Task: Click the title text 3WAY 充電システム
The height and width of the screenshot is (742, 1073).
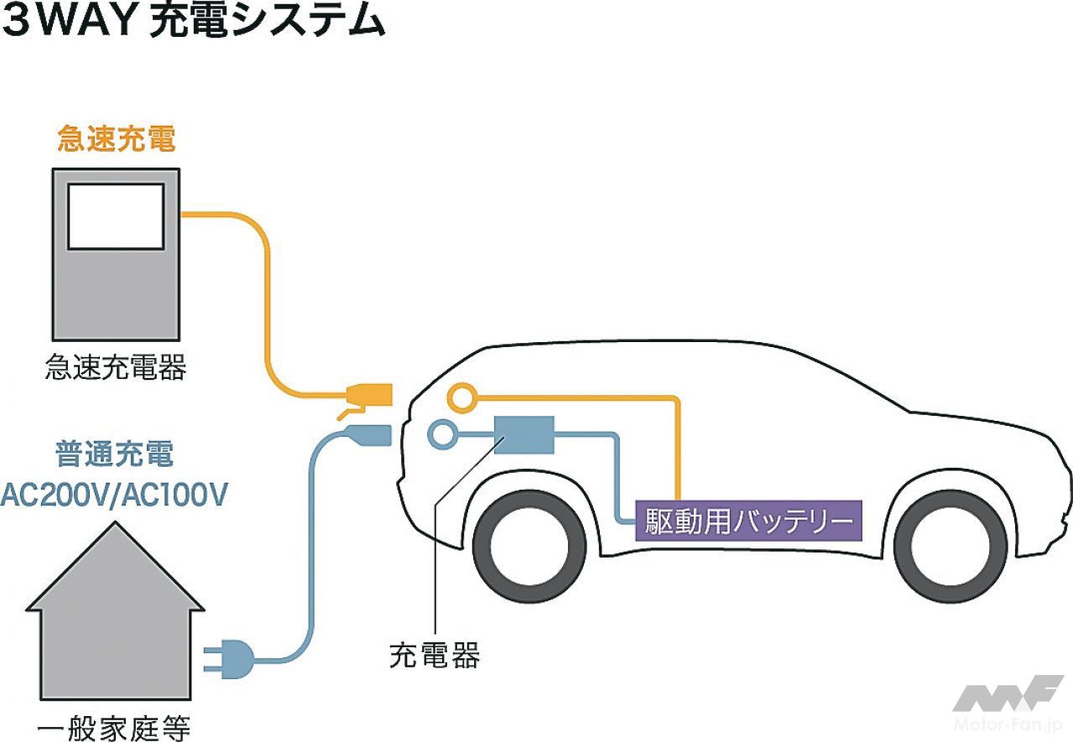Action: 194,23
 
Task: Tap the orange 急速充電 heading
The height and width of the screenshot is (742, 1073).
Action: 116,138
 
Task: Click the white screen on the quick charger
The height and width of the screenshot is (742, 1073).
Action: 116,216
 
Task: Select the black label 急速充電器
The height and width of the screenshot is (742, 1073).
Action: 116,367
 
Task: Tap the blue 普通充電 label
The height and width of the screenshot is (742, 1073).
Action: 114,454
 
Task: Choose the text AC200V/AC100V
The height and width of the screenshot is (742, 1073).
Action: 114,495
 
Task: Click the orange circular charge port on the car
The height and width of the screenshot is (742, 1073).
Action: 461,397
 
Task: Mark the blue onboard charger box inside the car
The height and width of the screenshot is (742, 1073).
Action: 523,434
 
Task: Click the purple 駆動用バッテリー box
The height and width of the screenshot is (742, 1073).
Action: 748,521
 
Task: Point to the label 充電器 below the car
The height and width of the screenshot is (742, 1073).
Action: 435,655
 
